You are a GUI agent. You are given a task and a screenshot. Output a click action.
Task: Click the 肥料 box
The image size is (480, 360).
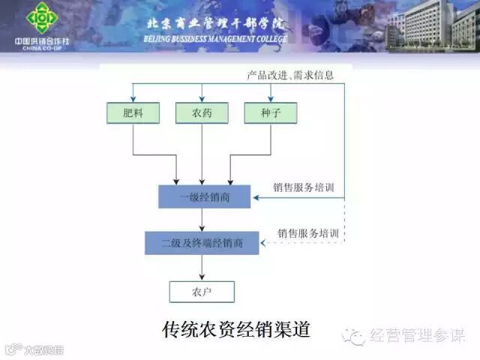[x=133, y=112]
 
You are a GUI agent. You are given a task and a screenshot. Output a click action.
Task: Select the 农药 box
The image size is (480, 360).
[x=202, y=112]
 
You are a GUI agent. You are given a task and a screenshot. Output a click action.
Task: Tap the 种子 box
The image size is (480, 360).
[x=271, y=112]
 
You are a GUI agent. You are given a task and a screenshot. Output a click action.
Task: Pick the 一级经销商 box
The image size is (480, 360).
[x=205, y=197]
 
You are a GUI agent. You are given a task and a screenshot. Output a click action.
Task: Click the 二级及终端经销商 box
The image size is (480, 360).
[x=202, y=242]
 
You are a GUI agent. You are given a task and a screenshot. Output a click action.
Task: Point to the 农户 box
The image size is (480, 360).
[x=202, y=291]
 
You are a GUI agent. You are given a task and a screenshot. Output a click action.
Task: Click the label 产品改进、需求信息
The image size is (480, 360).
[x=290, y=76]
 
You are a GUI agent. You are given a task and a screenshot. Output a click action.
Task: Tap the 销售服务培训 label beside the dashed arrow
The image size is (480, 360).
[x=308, y=233]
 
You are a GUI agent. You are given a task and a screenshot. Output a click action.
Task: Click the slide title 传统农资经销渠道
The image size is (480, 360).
[x=236, y=329]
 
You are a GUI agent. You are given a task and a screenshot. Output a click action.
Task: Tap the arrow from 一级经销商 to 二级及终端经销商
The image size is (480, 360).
[x=202, y=220]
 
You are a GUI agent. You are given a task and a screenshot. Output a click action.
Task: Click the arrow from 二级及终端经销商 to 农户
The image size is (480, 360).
[x=202, y=267]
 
